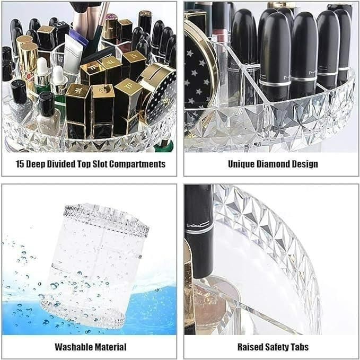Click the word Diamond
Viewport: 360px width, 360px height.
pos(274,164)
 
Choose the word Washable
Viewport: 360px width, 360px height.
pos(75,347)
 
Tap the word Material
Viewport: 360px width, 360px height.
pos(110,347)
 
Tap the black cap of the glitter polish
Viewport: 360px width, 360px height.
pos(47,101)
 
